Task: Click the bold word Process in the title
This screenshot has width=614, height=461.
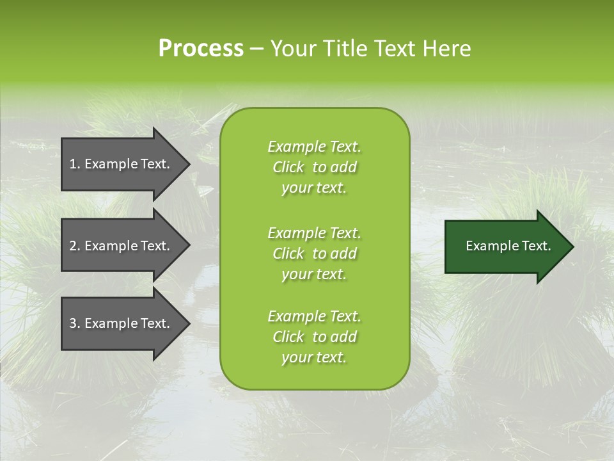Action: pos(201,49)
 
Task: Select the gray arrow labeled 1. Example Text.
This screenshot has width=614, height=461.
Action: pos(122,164)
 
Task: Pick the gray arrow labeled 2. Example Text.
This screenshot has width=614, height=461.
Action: pos(122,246)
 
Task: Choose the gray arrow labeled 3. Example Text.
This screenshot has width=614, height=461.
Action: pos(122,323)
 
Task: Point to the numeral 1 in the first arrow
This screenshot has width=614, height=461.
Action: pos(72,164)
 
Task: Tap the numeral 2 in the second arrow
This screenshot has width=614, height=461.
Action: pos(73,246)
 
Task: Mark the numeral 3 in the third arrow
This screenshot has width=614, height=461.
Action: pos(73,323)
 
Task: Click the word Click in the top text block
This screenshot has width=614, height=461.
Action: pos(288,167)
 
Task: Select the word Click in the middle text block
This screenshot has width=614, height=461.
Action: pos(288,254)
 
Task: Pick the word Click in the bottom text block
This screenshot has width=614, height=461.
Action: pos(288,337)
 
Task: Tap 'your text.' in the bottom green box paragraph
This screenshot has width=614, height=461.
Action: pos(314,357)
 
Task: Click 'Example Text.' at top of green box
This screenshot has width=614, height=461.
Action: pos(314,147)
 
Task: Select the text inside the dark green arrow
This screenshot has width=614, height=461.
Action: pos(508,246)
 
